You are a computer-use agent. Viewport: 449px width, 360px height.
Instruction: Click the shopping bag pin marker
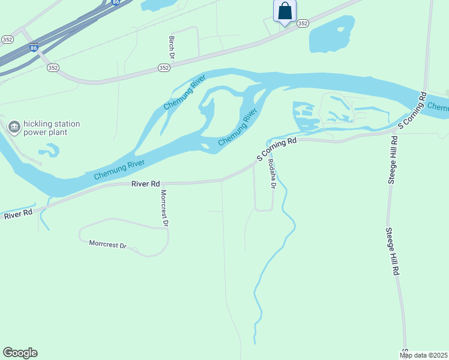[285, 11]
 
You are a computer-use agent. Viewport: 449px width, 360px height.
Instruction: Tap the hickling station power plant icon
[13, 127]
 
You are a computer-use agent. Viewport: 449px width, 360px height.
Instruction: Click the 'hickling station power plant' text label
[52, 128]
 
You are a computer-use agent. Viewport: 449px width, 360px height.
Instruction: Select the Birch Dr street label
[171, 47]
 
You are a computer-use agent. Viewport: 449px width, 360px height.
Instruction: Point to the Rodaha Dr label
[272, 174]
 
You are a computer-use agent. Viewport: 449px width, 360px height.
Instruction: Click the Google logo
[20, 353]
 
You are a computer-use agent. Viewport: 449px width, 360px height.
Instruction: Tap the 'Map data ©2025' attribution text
[424, 355]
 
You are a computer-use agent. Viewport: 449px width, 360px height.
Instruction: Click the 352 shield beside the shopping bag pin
[303, 23]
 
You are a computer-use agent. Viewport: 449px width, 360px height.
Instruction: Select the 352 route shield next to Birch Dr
[164, 68]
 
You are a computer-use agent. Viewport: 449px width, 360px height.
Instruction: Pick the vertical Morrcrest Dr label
[163, 208]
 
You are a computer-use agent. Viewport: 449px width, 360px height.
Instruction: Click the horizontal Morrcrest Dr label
[107, 245]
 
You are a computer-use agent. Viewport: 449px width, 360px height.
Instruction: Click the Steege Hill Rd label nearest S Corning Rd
[393, 160]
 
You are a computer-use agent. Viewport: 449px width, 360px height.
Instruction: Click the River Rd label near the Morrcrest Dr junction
[146, 184]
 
